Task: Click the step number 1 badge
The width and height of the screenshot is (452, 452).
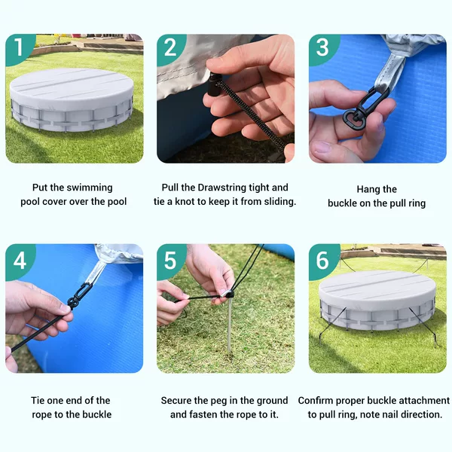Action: [19, 48]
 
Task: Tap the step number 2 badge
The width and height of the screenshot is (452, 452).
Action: [170, 48]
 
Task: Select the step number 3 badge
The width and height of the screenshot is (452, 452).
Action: [322, 48]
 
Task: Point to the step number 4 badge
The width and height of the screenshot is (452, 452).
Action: [19, 261]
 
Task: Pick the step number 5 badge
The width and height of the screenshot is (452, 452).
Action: [170, 261]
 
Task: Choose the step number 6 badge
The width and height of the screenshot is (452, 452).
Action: [322, 261]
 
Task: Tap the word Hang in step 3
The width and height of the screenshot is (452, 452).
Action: [367, 189]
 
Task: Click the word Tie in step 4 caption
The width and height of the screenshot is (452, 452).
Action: [38, 401]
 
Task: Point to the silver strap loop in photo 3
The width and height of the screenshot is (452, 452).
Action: [389, 72]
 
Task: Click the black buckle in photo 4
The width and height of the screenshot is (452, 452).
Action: [80, 295]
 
